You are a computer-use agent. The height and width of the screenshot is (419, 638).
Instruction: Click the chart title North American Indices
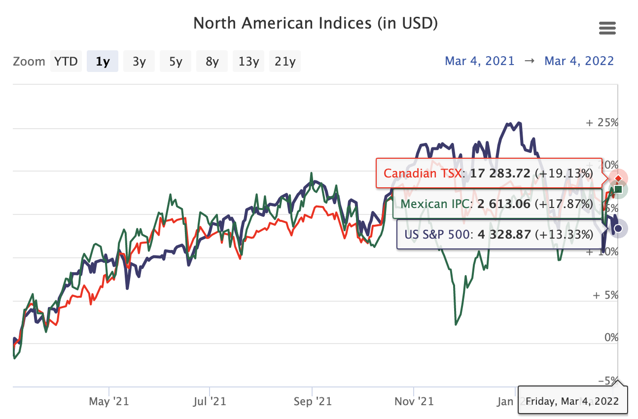click(315, 23)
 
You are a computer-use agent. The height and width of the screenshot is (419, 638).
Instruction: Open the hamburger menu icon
click(607, 29)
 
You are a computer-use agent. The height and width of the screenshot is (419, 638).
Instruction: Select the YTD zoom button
click(66, 62)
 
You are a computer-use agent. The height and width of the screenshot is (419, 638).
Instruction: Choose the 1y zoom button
click(103, 62)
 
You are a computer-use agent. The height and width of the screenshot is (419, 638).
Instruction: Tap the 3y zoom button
click(139, 62)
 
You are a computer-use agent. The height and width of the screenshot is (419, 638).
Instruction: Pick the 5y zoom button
click(176, 62)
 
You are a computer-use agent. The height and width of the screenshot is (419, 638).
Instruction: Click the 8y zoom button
click(212, 62)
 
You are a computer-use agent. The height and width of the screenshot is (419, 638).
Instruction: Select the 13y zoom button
click(248, 62)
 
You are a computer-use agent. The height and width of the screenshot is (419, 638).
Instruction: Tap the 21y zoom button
click(285, 62)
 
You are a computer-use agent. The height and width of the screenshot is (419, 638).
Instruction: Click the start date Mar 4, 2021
click(479, 61)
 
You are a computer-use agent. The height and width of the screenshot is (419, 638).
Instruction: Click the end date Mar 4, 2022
click(579, 61)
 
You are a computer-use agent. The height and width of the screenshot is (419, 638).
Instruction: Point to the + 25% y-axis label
click(602, 123)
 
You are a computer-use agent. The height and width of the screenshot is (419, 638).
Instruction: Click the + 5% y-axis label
click(605, 295)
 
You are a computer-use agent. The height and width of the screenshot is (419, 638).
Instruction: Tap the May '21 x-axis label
click(108, 401)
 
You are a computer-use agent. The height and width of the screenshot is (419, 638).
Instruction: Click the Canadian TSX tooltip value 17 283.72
click(500, 174)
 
